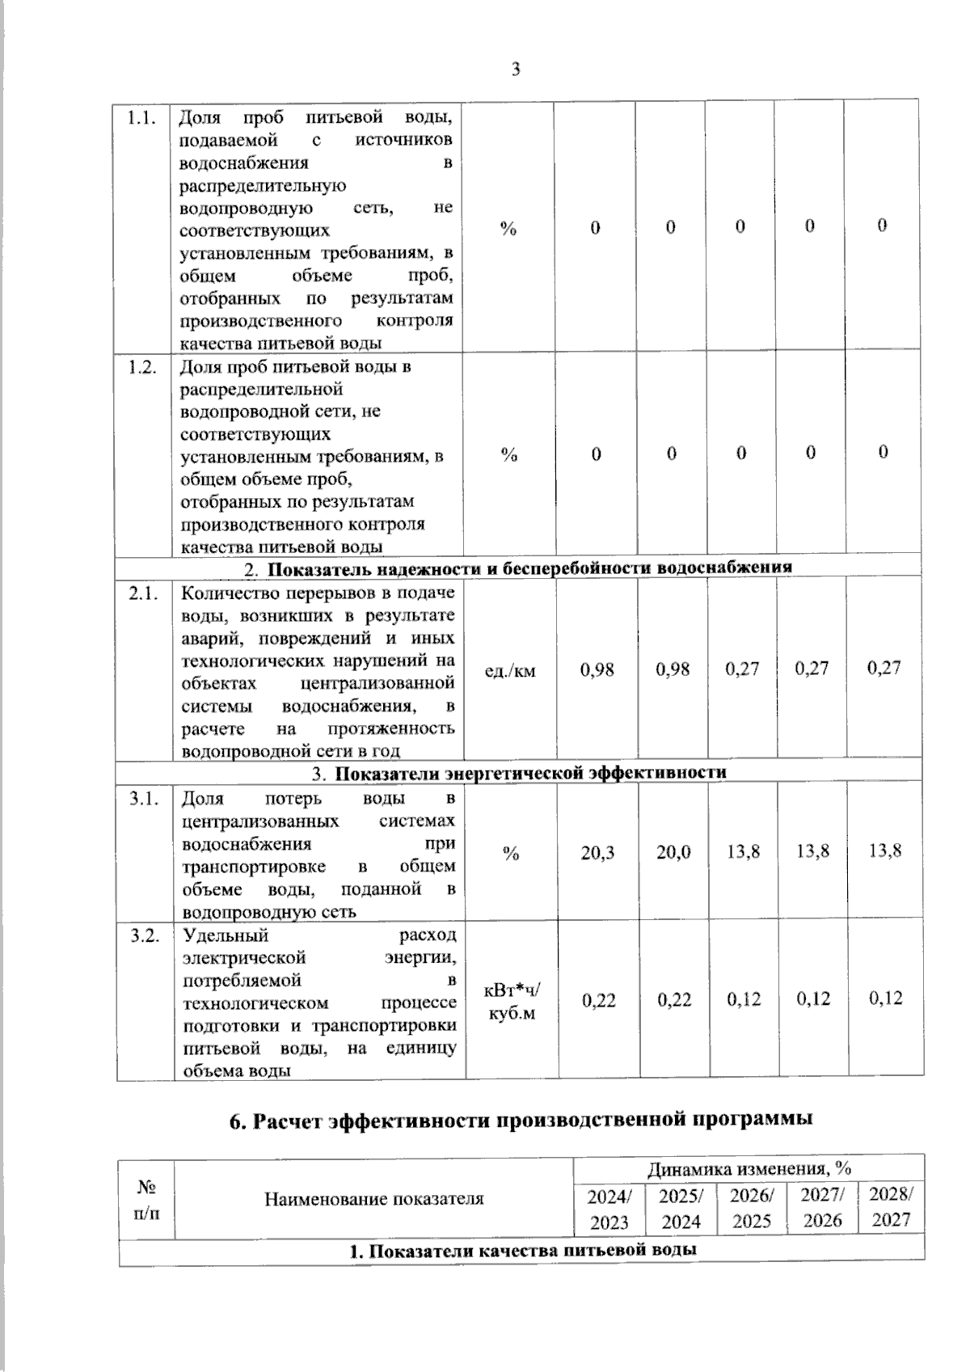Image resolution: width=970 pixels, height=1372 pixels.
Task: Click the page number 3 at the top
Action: (516, 69)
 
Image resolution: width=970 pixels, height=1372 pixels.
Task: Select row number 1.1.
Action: (142, 118)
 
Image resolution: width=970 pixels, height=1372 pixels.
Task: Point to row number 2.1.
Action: (142, 594)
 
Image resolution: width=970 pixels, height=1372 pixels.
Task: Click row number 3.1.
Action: (144, 799)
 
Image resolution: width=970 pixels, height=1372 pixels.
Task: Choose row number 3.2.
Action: (144, 935)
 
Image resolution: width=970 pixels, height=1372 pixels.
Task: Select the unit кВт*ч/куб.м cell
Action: (511, 1001)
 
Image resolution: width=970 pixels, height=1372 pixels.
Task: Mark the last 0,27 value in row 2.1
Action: (884, 668)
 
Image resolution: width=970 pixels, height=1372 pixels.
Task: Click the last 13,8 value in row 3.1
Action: (884, 851)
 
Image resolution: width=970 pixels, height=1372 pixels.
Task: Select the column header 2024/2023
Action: (609, 1209)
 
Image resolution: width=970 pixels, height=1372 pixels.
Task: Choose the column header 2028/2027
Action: (891, 1207)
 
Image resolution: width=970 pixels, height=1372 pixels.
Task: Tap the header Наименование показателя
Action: (374, 1198)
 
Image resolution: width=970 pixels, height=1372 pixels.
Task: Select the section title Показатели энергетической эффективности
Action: (530, 772)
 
